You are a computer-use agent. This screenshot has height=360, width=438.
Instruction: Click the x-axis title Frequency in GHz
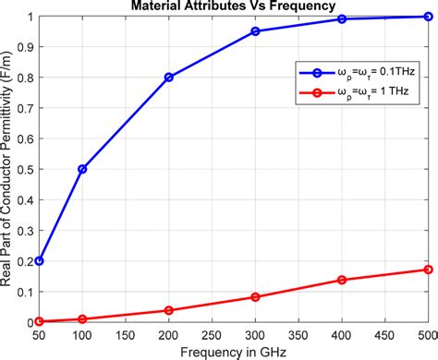click(236, 352)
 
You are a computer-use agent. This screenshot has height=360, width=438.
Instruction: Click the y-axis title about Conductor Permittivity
click(8, 171)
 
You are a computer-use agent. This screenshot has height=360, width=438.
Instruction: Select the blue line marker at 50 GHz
click(39, 261)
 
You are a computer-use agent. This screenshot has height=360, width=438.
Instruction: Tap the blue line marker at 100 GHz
click(83, 169)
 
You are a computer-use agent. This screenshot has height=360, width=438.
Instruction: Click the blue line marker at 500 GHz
click(427, 17)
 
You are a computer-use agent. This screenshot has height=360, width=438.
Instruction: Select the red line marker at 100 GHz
click(83, 319)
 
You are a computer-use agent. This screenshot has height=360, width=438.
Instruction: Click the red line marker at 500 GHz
click(427, 270)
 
